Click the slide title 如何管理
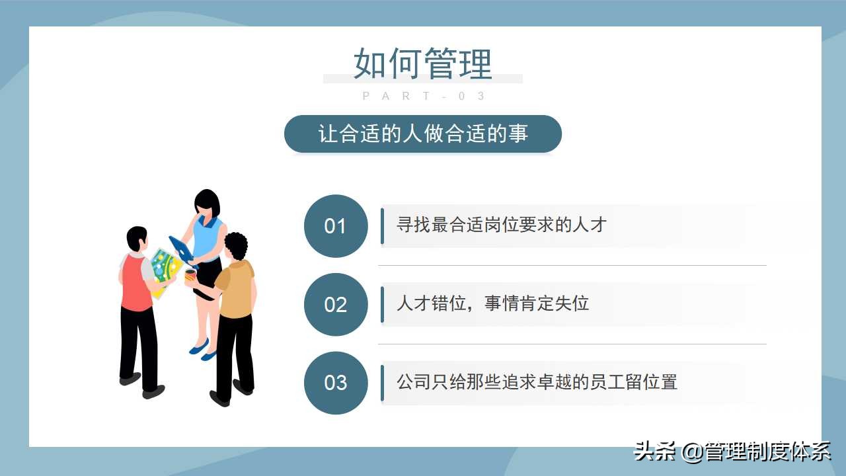(423, 63)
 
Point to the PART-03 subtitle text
(424, 97)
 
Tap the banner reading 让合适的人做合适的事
(423, 134)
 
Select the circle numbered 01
(335, 226)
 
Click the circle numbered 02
(335, 304)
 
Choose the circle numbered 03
(335, 383)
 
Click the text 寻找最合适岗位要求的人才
(501, 225)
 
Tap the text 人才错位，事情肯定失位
(492, 303)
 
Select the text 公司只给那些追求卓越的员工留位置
(537, 382)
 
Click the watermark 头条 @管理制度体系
(732, 452)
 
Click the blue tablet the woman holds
(180, 249)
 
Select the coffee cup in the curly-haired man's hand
(190, 276)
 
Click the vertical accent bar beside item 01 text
(382, 226)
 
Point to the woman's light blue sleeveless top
(209, 235)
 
